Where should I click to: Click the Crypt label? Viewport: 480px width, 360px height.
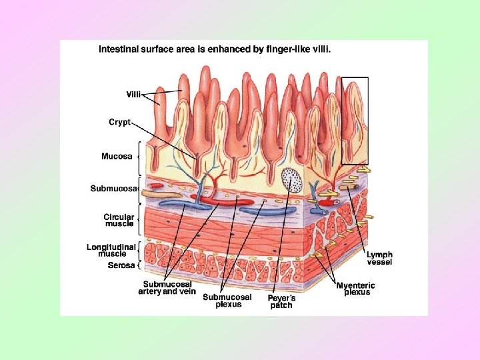click(121, 122)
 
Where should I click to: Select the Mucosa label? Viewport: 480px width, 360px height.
click(116, 157)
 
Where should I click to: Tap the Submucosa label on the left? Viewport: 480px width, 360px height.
click(113, 189)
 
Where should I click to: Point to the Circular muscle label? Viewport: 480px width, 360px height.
click(119, 220)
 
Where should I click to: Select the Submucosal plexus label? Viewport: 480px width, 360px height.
click(227, 301)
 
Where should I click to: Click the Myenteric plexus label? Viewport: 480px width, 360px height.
click(356, 289)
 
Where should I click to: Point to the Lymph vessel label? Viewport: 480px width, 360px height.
click(379, 258)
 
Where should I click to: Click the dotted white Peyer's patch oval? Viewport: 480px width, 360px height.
click(291, 179)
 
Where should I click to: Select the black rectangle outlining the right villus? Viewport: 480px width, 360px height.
click(355, 121)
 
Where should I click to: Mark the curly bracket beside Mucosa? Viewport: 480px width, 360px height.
click(139, 157)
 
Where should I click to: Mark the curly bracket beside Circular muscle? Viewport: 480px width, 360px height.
click(139, 219)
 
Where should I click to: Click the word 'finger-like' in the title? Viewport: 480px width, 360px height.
click(282, 49)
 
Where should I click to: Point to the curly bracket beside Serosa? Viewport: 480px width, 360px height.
click(138, 265)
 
